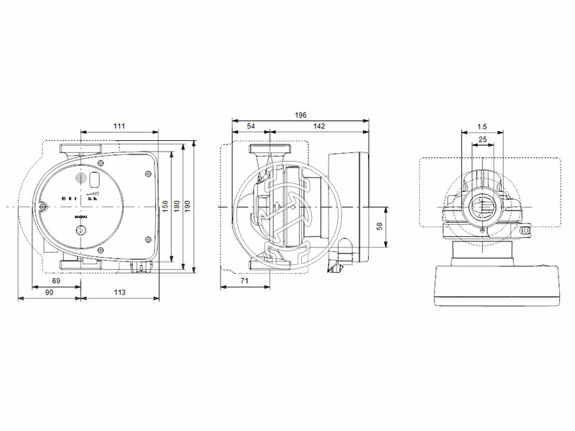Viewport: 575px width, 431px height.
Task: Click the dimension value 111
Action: [119, 126]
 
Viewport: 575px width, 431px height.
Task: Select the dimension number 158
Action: [165, 207]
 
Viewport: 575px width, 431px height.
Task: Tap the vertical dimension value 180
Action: [177, 207]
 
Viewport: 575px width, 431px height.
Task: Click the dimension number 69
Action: [56, 281]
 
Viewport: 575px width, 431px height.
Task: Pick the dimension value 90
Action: [50, 292]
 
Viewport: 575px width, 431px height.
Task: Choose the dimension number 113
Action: [119, 292]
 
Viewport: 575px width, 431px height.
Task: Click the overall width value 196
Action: [300, 115]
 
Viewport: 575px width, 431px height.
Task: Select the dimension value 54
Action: [251, 126]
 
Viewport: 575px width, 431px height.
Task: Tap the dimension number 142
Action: [319, 126]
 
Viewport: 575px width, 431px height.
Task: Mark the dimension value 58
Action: [380, 226]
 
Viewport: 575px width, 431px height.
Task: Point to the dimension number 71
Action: [244, 281]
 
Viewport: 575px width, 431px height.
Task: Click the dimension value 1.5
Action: [482, 126]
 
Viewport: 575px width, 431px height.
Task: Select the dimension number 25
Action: [482, 139]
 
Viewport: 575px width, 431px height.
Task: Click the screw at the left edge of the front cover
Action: [44, 207]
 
